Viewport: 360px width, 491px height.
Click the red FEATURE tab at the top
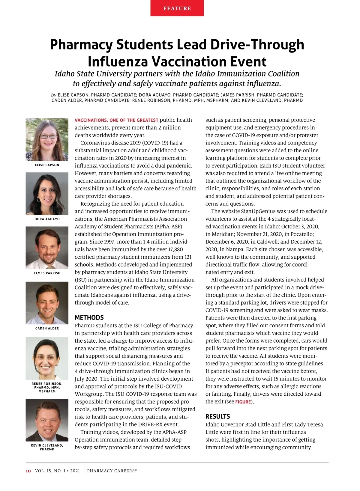177,8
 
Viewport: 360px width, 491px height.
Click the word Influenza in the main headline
118,61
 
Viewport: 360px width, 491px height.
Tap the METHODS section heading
89,317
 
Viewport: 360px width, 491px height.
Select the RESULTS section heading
217,416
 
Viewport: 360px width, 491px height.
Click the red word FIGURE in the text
243,402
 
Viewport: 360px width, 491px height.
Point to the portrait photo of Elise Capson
47,140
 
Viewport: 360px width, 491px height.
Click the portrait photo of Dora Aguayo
47,194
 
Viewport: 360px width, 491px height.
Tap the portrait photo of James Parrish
47,248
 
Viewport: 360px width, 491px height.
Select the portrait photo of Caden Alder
47,303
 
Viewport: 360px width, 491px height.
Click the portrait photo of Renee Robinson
47,358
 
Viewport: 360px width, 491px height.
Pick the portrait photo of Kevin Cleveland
47,420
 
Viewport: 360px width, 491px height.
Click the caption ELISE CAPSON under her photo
47,165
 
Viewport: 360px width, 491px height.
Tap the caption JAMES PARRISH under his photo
47,273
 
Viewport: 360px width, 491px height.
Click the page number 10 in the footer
28,471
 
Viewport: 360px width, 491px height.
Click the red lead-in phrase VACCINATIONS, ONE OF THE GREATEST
116,120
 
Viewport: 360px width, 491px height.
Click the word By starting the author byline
54,95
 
